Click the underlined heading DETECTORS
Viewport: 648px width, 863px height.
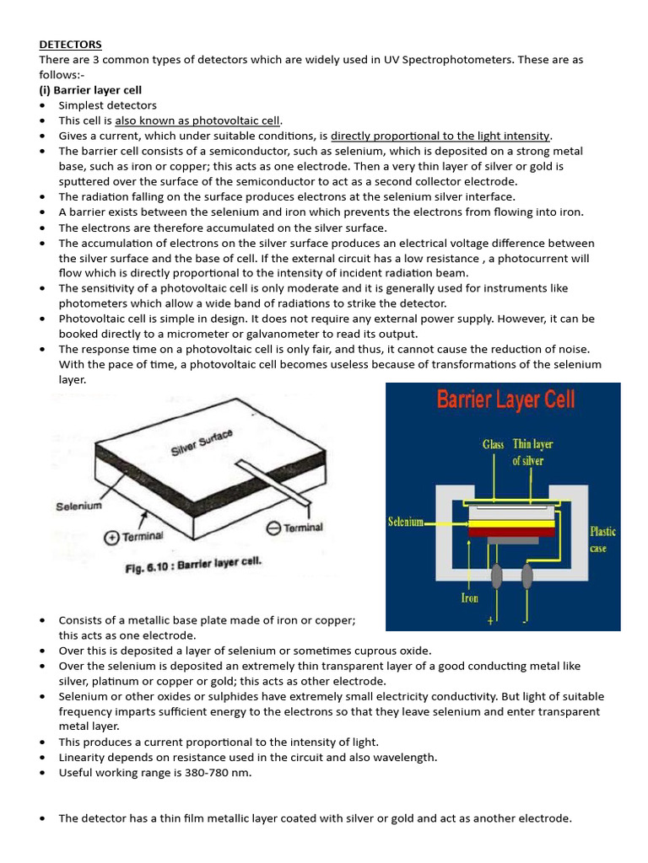tap(70, 44)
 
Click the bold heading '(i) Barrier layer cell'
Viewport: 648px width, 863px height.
tap(90, 90)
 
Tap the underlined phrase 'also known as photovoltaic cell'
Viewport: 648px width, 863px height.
tap(197, 121)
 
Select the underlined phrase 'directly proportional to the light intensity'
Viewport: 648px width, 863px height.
tap(440, 136)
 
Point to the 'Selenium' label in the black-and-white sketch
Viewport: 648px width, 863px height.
tap(78, 506)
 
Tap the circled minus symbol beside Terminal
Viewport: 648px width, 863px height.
tap(273, 528)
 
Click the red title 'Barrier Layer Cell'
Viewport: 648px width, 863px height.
tap(505, 399)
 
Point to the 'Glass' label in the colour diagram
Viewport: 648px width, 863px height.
tap(493, 444)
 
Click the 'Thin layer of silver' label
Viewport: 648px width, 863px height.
tap(532, 453)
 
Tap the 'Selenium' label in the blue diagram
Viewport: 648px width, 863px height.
tap(405, 522)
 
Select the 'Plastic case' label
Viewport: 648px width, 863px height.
tap(602, 539)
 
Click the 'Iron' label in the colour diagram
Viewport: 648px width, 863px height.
tap(469, 598)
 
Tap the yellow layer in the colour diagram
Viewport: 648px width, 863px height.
tap(511, 523)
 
